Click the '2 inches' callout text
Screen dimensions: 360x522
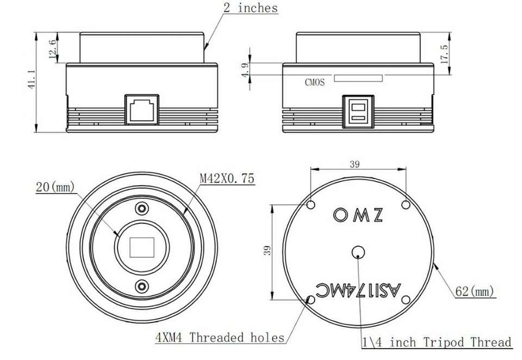click(x=250, y=8)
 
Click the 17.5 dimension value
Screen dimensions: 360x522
click(x=444, y=54)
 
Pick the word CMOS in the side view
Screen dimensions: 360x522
click(x=314, y=83)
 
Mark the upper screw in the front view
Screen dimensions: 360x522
click(x=142, y=208)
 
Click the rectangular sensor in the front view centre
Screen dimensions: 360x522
click(x=142, y=248)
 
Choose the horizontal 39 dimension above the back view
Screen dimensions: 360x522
click(x=354, y=165)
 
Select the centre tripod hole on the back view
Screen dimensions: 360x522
click(x=358, y=251)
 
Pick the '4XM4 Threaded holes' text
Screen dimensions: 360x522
click(x=220, y=338)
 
